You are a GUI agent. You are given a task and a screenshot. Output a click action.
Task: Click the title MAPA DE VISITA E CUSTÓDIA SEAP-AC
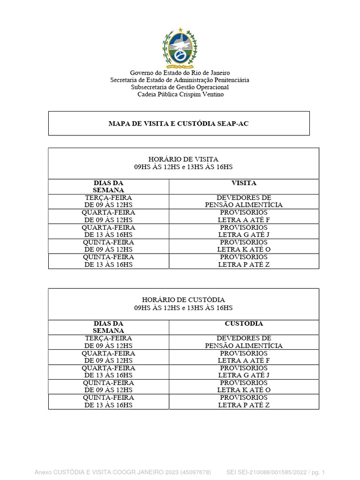(179, 123)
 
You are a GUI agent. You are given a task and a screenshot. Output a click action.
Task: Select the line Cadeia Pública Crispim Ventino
(180, 94)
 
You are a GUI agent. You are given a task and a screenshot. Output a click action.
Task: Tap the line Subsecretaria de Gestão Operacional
(180, 87)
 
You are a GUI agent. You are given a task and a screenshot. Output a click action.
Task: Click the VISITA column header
(244, 183)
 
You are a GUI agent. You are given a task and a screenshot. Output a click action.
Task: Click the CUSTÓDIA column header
(244, 323)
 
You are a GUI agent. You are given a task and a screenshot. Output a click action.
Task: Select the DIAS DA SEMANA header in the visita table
(108, 187)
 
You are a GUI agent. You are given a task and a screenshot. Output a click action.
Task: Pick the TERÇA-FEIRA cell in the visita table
(108, 201)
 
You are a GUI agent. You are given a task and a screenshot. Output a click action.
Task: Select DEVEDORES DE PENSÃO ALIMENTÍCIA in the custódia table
(244, 342)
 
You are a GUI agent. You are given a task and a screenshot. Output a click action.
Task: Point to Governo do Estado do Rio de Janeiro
(180, 73)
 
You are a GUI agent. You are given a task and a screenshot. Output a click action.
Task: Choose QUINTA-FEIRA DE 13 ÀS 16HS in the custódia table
(108, 401)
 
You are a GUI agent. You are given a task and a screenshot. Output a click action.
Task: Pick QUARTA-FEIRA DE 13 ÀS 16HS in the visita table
(108, 231)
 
